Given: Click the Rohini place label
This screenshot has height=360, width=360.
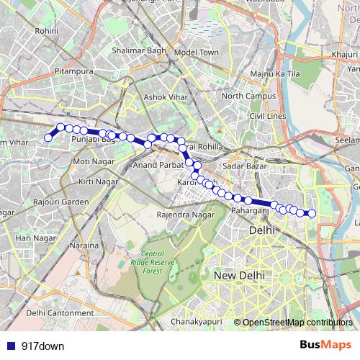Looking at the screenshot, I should tap(45, 32).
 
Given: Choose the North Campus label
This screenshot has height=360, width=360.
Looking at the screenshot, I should tap(248, 96).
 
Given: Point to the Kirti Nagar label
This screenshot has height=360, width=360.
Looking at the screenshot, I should tap(99, 182).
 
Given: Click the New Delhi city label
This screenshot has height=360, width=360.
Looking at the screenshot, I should tap(239, 276).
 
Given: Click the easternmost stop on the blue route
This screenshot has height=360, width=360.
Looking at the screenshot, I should tap(312, 212).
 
